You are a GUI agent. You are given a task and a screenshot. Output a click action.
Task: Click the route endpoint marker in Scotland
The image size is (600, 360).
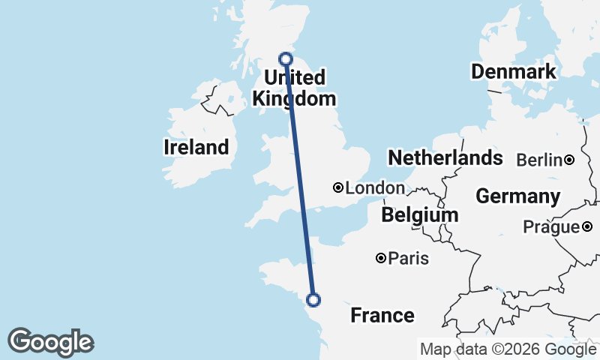coord(286,58)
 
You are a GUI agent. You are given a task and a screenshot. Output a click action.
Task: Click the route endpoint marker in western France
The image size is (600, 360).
coord(313,300)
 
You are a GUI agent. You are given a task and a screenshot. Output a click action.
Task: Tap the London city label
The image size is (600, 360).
coord(375,188)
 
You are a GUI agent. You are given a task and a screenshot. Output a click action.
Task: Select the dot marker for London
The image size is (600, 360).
coord(338,187)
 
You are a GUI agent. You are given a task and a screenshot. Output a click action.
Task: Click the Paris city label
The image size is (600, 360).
coord(409,259)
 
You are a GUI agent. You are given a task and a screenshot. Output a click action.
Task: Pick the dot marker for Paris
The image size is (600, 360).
coord(381,258)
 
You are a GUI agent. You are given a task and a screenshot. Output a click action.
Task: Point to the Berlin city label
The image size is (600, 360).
coord(539,160)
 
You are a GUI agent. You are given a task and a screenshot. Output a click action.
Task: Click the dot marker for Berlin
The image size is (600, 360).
coord(570,160)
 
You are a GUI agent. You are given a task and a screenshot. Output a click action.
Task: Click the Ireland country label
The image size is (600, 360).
coord(196,147)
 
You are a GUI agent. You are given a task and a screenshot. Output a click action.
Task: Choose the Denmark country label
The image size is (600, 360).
coord(514,72)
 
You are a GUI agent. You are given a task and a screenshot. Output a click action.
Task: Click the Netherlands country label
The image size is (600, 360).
coord(445,157)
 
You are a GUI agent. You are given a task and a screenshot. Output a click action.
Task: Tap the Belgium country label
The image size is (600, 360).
coord(419,215)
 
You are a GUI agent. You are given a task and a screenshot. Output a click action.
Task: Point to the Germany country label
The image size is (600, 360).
coord(517,196)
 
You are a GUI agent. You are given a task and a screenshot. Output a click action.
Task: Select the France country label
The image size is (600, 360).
coord(382,315)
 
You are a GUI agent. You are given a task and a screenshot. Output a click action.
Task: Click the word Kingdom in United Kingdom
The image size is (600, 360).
coord(294,99)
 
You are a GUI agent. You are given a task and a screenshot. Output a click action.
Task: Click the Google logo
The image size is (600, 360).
coord(50,342)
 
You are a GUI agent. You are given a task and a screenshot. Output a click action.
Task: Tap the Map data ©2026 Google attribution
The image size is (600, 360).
coord(508,349)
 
